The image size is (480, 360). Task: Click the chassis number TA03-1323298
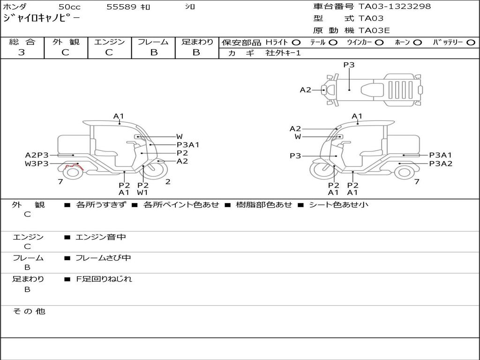395,7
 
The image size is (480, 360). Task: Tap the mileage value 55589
121,7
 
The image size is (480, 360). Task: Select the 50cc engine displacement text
69,7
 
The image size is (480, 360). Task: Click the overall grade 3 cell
22,52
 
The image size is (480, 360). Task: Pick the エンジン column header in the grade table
109,42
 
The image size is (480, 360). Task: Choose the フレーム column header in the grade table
153,42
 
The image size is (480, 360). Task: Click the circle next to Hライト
296,43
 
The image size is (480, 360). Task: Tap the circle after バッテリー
471,43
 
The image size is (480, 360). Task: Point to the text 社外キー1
283,53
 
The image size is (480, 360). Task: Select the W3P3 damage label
37,164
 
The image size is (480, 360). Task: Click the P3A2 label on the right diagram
441,164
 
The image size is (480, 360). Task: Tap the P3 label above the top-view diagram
349,65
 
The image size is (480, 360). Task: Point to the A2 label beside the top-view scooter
306,90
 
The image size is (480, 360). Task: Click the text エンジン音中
101,237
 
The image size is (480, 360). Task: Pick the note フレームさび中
103,258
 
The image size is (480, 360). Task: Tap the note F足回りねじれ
104,279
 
